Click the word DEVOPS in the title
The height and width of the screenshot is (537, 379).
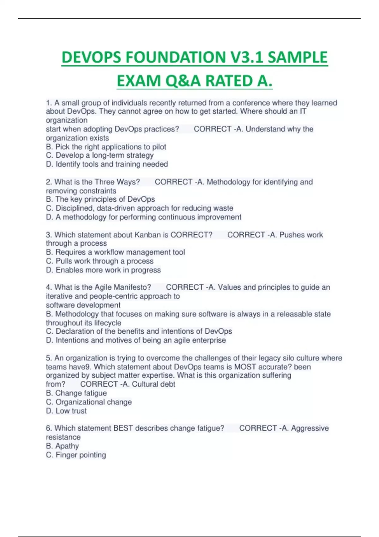(91, 57)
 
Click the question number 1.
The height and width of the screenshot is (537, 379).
(48, 103)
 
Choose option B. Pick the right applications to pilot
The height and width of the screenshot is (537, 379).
(106, 147)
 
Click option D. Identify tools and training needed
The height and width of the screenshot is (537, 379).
(107, 164)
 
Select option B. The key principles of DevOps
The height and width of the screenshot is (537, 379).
(100, 199)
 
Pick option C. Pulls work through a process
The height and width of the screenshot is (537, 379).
(100, 261)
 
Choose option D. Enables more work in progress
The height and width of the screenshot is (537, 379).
(103, 270)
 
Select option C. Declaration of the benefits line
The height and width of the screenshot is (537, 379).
(139, 331)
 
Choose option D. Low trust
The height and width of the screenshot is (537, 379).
(66, 411)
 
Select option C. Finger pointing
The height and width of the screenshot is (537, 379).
(76, 455)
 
